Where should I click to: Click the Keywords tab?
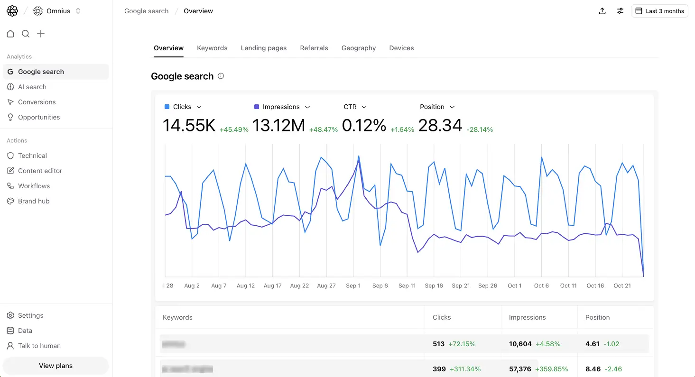click(212, 48)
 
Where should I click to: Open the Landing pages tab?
click(263, 48)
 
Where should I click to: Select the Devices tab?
click(401, 48)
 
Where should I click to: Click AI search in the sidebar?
click(32, 87)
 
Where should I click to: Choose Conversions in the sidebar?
click(37, 102)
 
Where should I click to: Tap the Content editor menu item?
click(40, 171)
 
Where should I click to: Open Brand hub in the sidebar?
click(34, 201)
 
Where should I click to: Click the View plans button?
click(56, 366)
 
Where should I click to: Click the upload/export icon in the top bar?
click(602, 11)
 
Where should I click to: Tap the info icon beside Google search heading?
click(221, 76)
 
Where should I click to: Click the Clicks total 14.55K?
click(189, 126)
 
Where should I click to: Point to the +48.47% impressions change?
click(323, 129)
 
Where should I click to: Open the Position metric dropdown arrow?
click(452, 107)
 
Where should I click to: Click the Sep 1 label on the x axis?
click(353, 285)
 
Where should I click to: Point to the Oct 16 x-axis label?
click(595, 285)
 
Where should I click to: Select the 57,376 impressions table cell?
click(520, 369)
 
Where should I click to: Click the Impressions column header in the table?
click(527, 317)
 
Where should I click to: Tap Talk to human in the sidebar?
click(39, 346)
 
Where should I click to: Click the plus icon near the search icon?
click(41, 34)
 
